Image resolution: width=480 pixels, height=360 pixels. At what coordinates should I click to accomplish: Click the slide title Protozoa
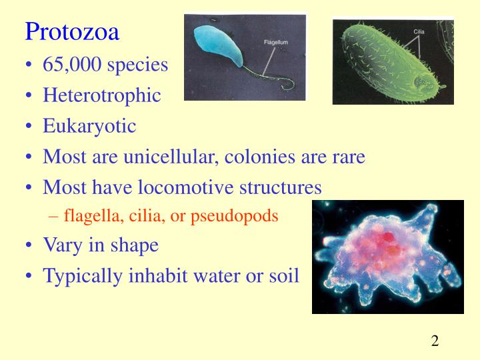pyautogui.click(x=72, y=31)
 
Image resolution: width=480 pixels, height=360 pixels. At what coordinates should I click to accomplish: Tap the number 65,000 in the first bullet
pyautogui.click(x=71, y=65)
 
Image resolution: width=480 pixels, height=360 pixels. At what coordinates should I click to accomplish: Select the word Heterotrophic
pyautogui.click(x=102, y=95)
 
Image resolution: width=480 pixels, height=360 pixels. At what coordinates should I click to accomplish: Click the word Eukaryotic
pyautogui.click(x=89, y=126)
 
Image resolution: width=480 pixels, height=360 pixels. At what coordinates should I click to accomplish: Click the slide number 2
pyautogui.click(x=435, y=341)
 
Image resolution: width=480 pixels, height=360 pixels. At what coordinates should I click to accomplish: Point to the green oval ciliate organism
pyautogui.click(x=387, y=63)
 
